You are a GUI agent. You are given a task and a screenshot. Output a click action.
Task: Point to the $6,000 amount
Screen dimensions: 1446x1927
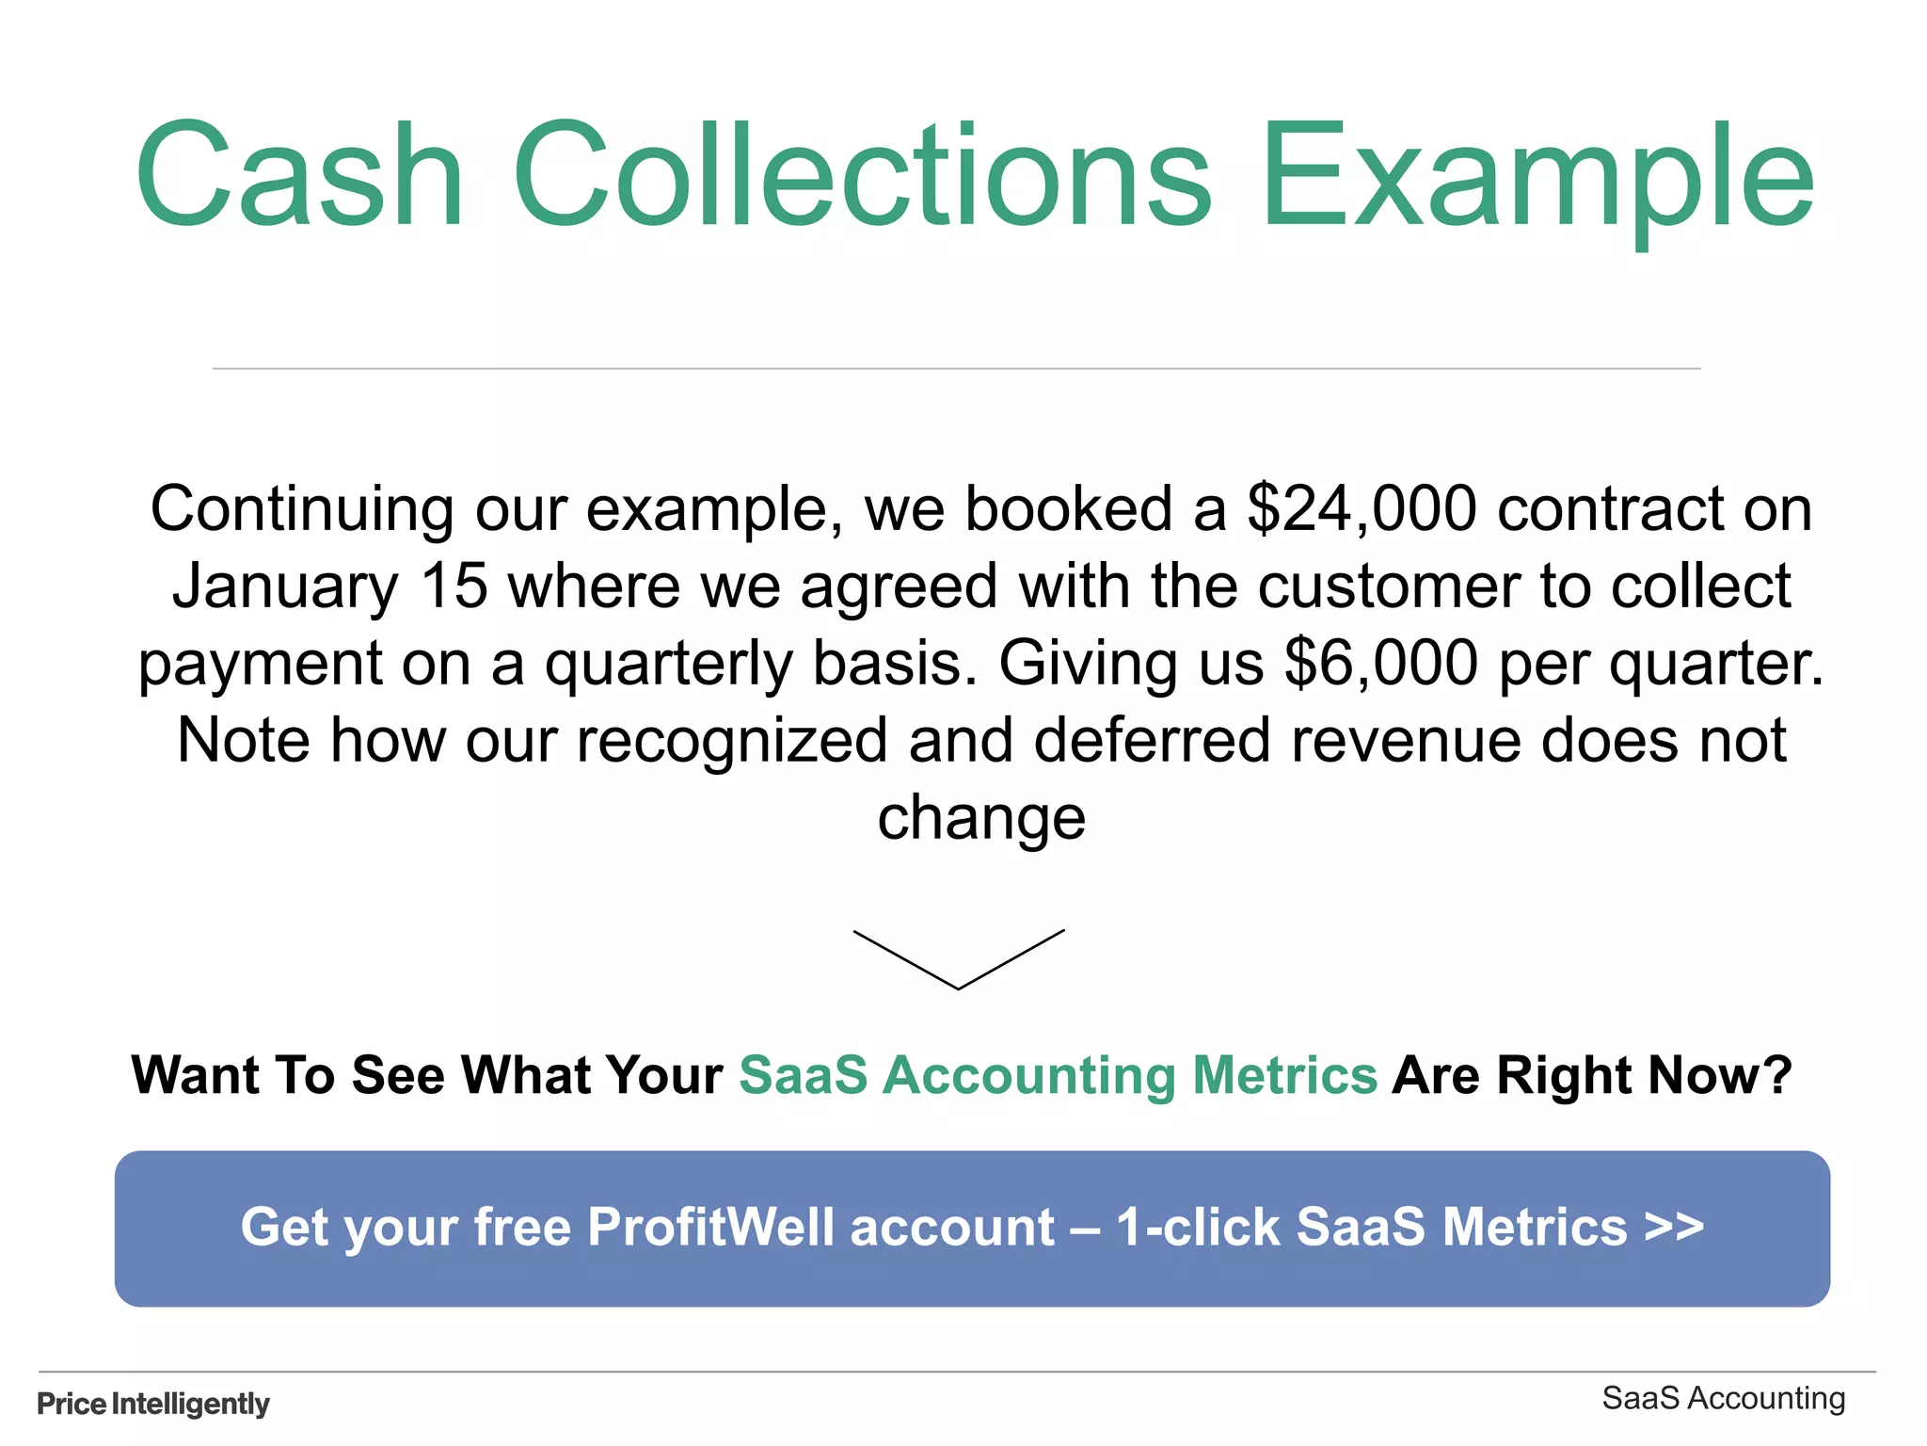[x=1380, y=663]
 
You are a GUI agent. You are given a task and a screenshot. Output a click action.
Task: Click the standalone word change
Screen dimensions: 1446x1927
[x=981, y=817]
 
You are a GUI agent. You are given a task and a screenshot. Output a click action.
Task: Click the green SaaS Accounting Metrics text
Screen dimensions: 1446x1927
[x=1058, y=1075]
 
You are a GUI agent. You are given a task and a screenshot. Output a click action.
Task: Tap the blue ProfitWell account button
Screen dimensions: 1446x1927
[x=972, y=1229]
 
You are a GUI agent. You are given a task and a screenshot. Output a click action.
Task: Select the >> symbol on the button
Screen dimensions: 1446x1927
[x=1674, y=1227]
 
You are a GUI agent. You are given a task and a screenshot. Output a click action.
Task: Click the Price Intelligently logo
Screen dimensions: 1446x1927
[x=153, y=1404]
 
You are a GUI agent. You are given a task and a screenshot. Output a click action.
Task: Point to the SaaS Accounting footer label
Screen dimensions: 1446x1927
[x=1723, y=1399]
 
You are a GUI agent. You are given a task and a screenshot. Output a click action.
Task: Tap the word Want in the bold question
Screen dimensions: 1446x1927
[x=195, y=1075]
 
